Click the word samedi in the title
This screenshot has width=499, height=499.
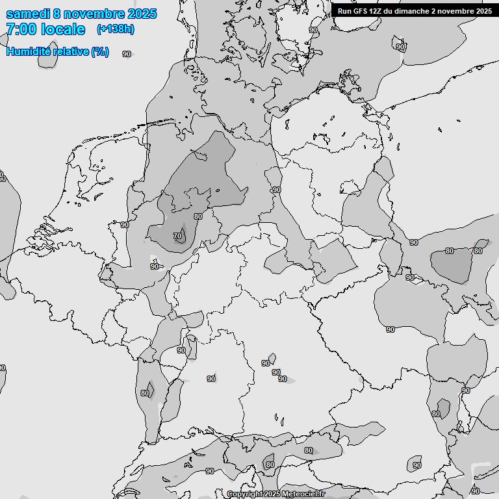[x=29, y=14]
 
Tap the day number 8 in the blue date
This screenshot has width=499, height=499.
[x=60, y=14]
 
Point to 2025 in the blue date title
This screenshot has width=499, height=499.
[x=142, y=14]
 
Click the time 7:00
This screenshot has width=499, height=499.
[x=21, y=29]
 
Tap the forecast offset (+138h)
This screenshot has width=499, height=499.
[x=115, y=29]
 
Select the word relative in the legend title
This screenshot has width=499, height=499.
[x=68, y=51]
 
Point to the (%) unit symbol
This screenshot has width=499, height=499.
[x=100, y=51]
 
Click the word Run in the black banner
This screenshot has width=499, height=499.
[x=345, y=11]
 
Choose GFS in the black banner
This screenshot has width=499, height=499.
[x=361, y=11]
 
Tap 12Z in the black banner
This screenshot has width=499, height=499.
[x=378, y=11]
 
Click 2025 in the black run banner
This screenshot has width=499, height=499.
[x=483, y=11]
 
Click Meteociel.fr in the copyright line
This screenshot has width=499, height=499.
[x=303, y=494]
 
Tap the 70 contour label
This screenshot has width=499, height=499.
[x=177, y=236]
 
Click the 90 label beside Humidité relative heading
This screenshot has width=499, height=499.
[x=126, y=55]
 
